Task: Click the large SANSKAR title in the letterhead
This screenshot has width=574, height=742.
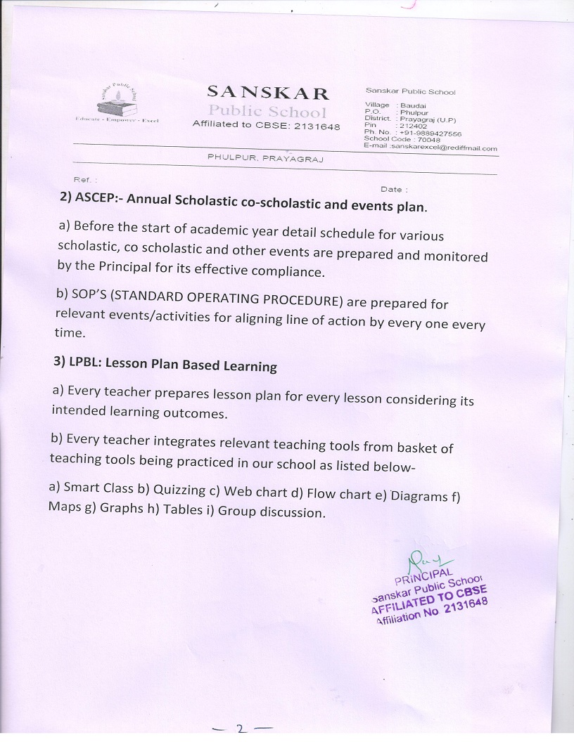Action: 267,93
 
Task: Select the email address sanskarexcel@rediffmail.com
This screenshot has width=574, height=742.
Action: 445,148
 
